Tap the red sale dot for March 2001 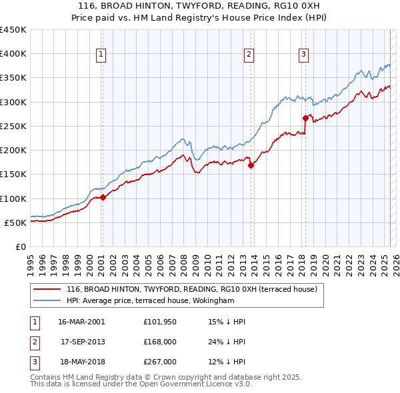(103, 197)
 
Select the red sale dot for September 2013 (251, 166)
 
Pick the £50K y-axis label (16, 222)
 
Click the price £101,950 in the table (159, 322)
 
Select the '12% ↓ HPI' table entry (227, 362)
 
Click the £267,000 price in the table (159, 362)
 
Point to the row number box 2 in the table (33, 342)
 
